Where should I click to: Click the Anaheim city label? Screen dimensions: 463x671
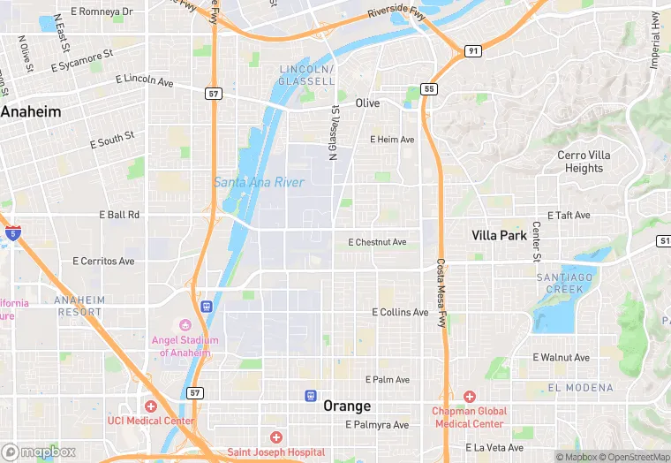[x=32, y=112]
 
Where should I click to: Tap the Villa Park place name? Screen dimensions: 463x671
[x=499, y=235]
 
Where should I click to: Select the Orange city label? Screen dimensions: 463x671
[x=347, y=406]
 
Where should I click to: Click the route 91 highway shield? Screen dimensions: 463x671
[x=473, y=51]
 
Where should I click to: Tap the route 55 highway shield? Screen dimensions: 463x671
[x=429, y=89]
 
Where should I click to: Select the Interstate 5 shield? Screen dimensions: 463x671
[x=12, y=233]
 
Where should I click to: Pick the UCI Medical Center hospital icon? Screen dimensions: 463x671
[x=150, y=406]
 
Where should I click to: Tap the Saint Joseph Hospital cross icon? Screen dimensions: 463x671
[x=275, y=437]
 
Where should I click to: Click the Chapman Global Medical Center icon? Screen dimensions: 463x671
[x=469, y=397]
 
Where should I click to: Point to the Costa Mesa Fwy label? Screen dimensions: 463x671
[x=441, y=293]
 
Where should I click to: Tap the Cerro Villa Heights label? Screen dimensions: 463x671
[x=584, y=162]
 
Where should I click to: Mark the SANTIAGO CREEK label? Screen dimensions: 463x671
[x=560, y=283]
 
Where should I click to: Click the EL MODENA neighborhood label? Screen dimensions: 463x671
[x=580, y=388]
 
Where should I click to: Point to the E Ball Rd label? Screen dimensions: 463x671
[x=119, y=215]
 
